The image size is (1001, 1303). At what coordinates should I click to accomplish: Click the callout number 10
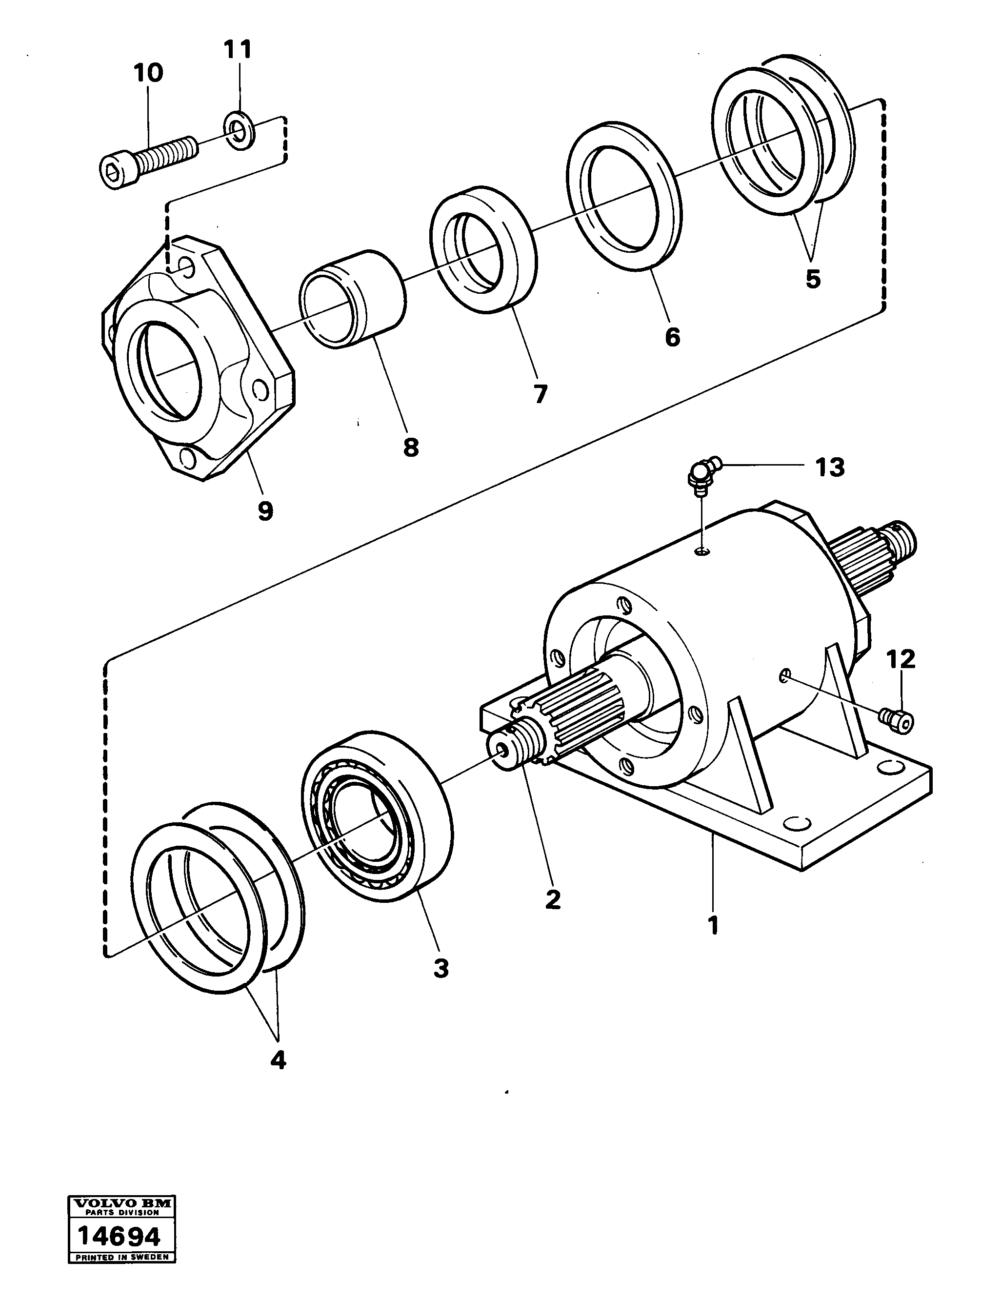coord(147,74)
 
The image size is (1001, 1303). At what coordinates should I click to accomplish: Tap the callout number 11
coord(239,49)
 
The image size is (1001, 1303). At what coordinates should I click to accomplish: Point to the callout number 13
coord(830,468)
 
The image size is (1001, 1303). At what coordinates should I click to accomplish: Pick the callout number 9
coord(265,511)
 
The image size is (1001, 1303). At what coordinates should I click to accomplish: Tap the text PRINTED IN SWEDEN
coord(121,1274)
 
